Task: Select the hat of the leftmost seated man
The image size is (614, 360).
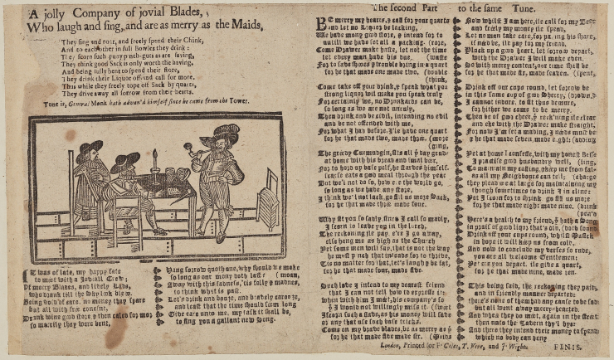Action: (88, 147)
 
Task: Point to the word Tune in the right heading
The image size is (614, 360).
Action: (544, 6)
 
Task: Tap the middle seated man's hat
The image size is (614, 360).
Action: (125, 158)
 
